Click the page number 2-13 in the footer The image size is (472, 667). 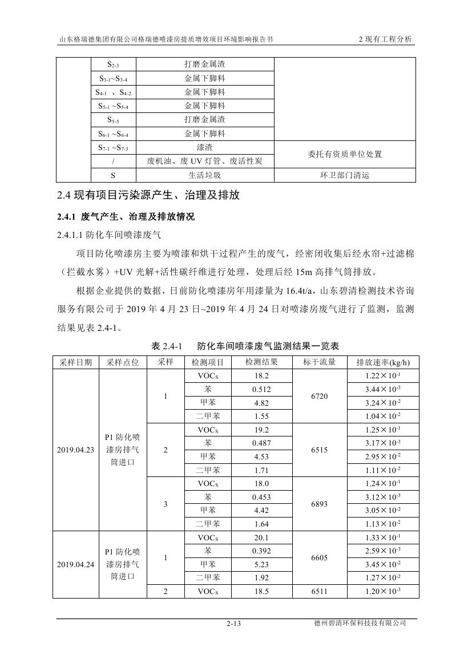click(234, 624)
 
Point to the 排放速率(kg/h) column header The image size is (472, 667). click(383, 362)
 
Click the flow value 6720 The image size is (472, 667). click(320, 397)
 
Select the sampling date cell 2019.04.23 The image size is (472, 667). click(76, 450)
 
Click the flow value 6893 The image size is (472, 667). click(320, 504)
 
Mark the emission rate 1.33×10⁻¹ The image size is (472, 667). click(383, 537)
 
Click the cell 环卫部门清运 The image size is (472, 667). click(345, 175)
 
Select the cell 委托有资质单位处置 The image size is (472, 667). click(345, 155)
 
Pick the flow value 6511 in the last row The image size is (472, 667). click(320, 592)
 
